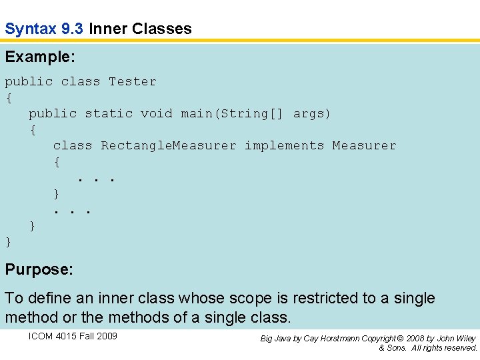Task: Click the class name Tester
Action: [x=133, y=81]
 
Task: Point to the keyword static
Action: [x=108, y=113]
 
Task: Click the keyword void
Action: [x=156, y=113]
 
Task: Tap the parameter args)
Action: [x=312, y=113]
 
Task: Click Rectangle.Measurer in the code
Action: [x=168, y=145]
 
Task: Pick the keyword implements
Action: [x=284, y=145]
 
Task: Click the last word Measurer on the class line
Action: [x=364, y=145]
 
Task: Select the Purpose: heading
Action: [x=39, y=270]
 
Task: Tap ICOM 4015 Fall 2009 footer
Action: [x=73, y=336]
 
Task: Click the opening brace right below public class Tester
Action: [x=9, y=98]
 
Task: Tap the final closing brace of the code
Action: [x=9, y=241]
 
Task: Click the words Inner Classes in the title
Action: [x=140, y=29]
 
